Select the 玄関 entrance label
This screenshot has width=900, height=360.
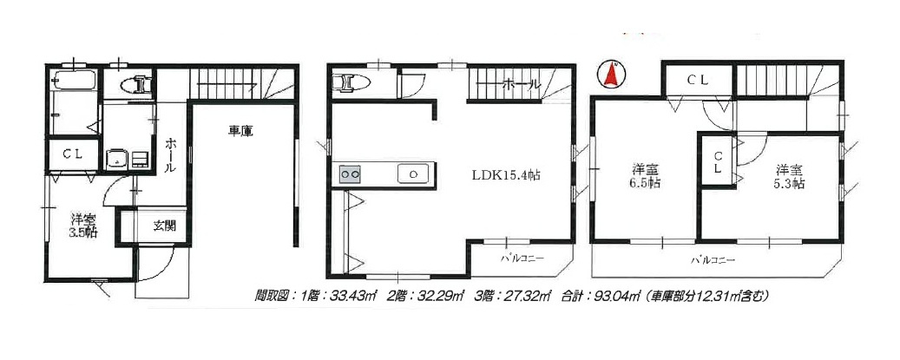(x=164, y=226)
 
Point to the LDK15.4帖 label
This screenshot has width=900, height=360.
(x=506, y=175)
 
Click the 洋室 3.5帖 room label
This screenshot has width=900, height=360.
(x=83, y=226)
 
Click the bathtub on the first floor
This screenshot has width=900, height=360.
(x=74, y=81)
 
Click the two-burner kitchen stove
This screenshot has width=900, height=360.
(x=351, y=173)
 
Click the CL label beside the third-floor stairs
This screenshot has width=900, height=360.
(x=698, y=81)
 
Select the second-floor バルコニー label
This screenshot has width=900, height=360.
(x=522, y=259)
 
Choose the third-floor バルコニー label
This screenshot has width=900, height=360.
(x=713, y=260)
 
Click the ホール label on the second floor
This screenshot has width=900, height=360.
(x=522, y=85)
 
